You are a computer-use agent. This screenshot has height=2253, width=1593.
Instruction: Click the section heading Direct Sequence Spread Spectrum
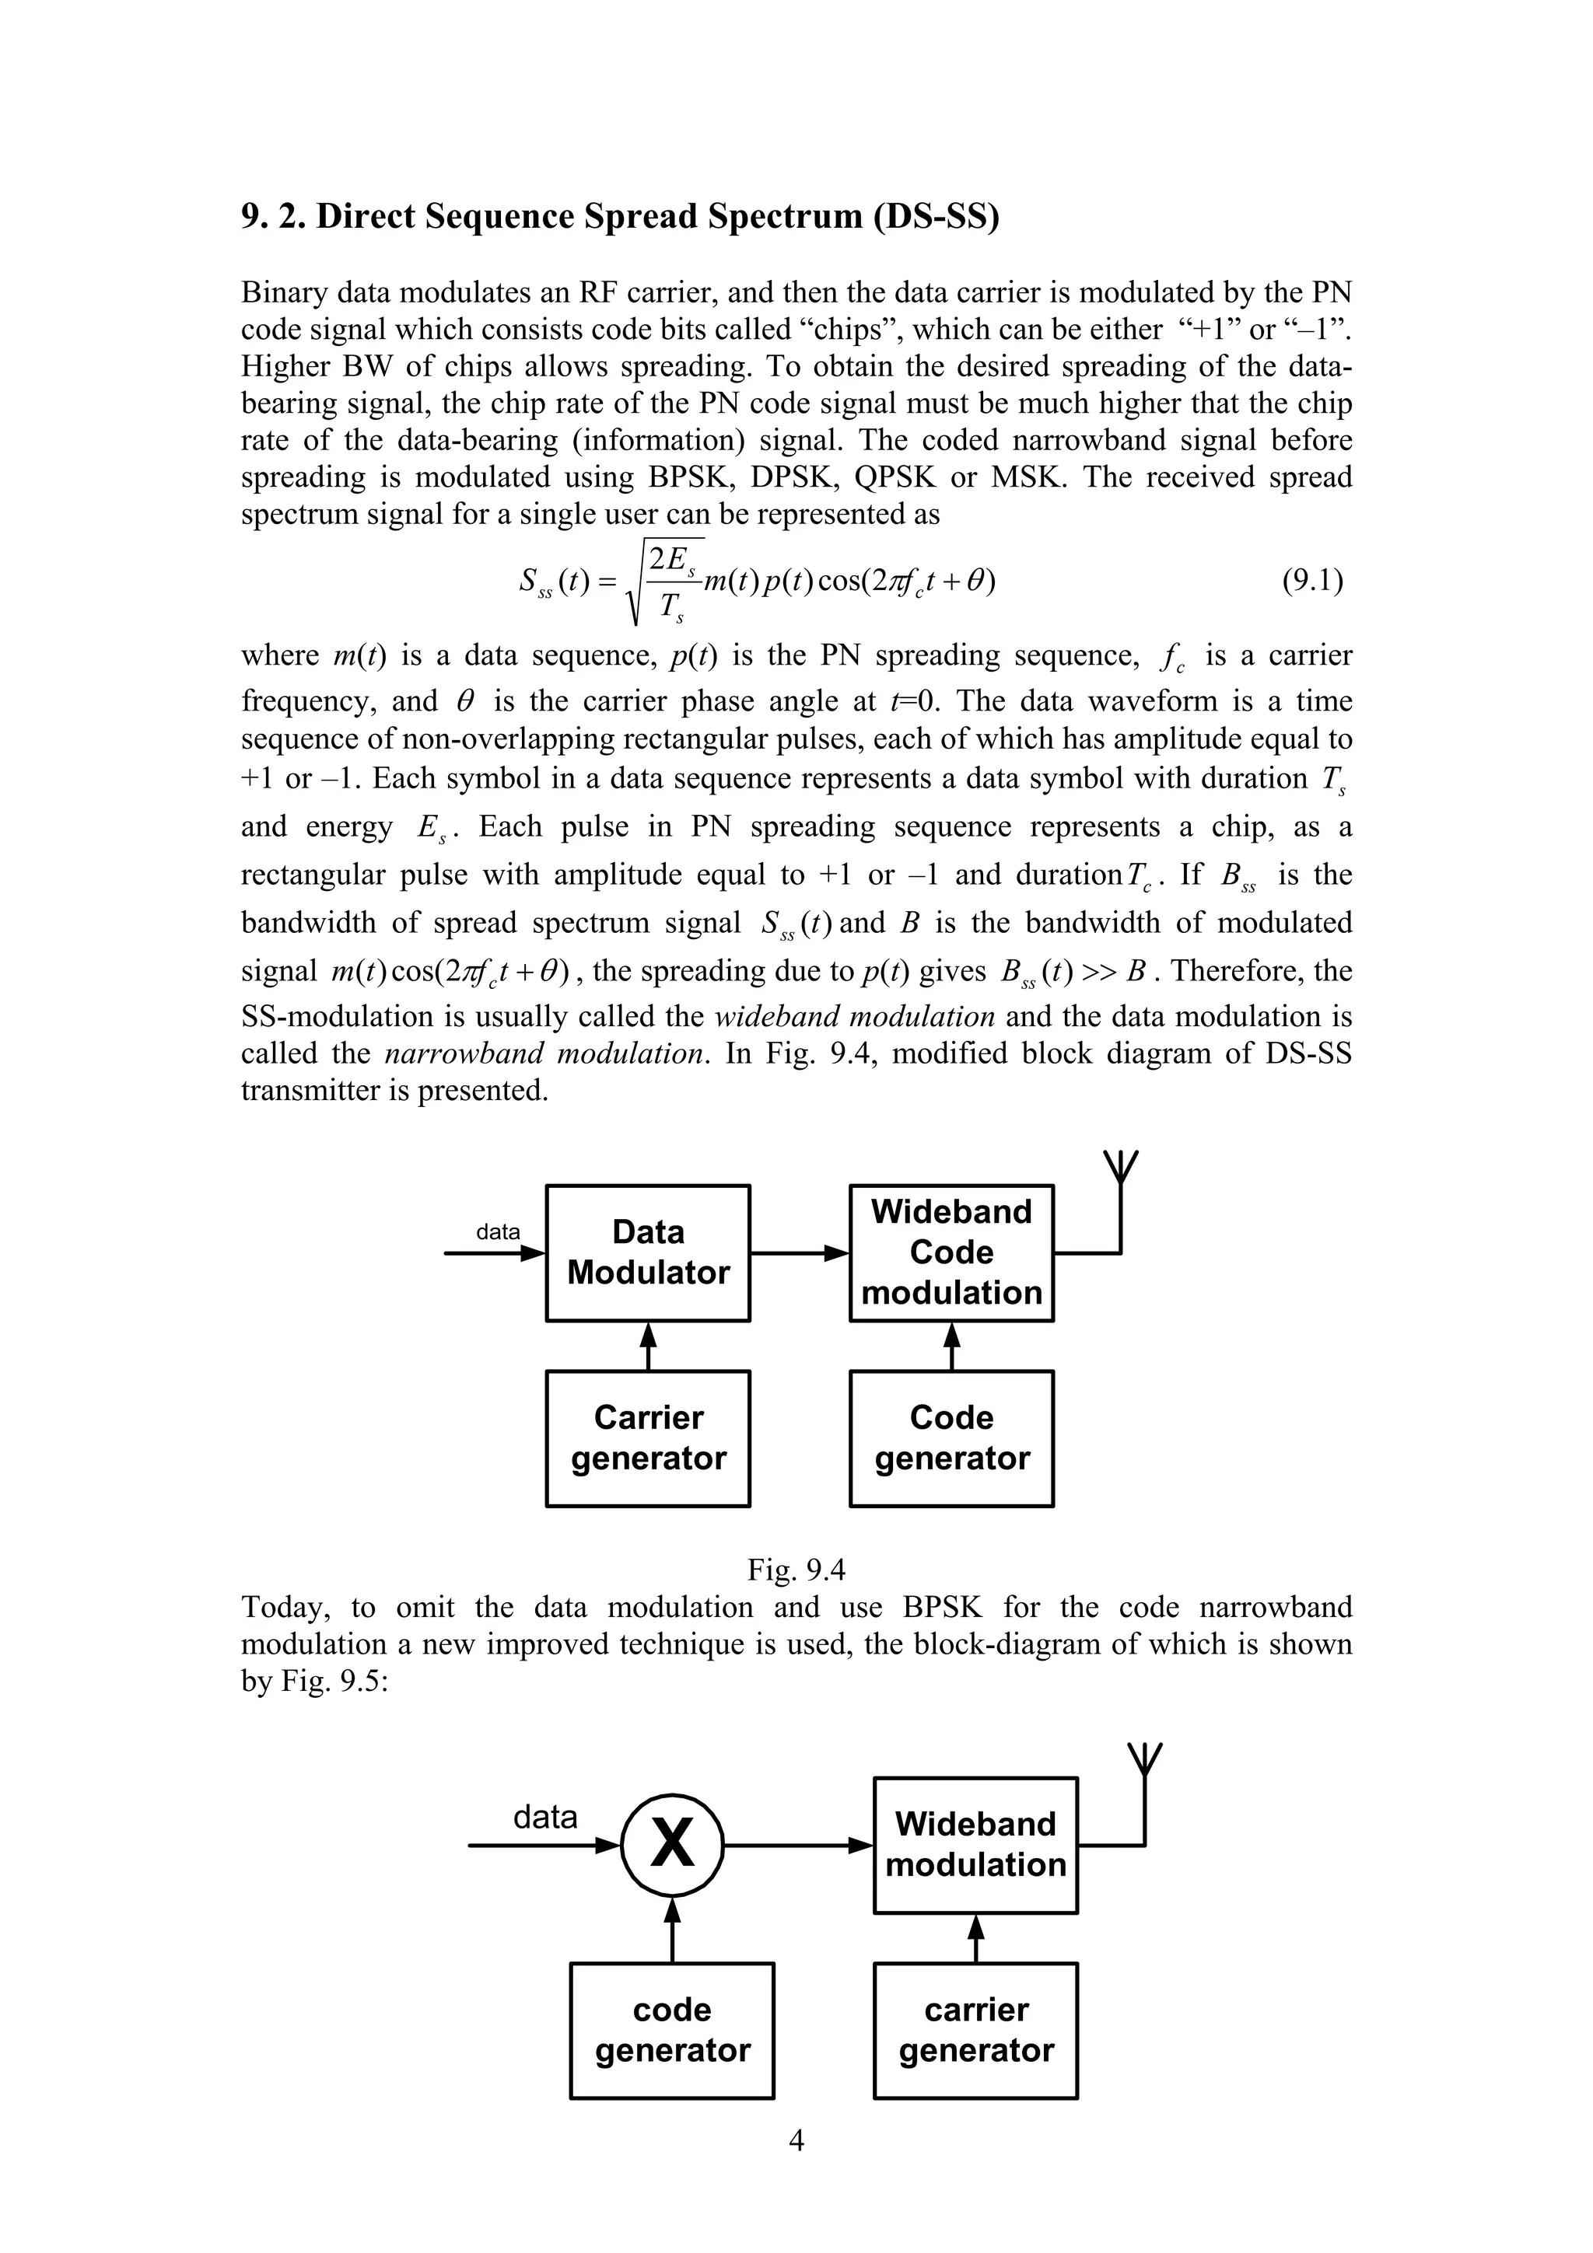620,216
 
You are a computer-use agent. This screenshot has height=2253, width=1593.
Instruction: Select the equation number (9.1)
1312,581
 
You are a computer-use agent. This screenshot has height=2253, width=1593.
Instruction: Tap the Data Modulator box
648,1253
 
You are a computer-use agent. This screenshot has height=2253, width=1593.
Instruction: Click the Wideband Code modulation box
951,1253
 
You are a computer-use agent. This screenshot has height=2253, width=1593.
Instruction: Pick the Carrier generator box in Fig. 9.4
648,1438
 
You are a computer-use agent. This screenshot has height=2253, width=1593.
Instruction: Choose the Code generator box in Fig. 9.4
951,1438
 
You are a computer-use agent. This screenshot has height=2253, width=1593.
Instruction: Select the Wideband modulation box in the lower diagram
975,1845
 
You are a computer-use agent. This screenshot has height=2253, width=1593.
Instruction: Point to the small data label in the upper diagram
498,1231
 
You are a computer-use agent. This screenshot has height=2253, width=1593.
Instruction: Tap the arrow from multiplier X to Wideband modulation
798,1845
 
